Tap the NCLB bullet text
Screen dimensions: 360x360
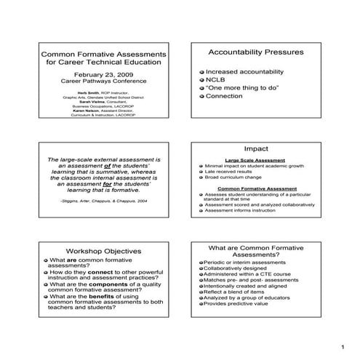pyautogui.click(x=216, y=81)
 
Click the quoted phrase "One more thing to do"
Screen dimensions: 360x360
pyautogui.click(x=240, y=88)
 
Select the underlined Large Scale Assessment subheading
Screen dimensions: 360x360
pyautogui.click(x=255, y=159)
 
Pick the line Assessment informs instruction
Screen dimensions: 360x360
pyautogui.click(x=244, y=211)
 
